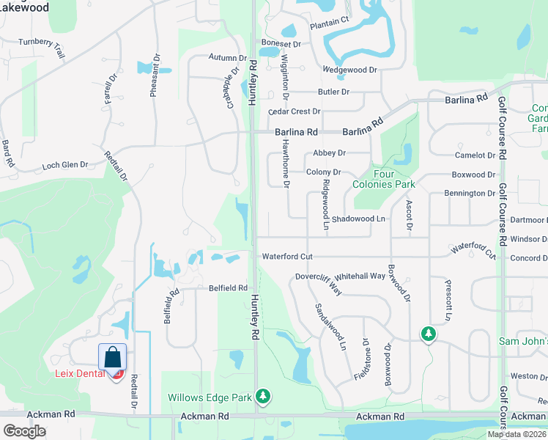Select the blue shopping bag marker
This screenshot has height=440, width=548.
(113, 357)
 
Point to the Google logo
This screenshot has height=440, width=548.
(24, 431)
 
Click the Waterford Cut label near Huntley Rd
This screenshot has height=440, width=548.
(287, 256)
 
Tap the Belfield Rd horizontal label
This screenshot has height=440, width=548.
(228, 288)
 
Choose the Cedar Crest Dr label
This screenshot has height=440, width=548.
(295, 111)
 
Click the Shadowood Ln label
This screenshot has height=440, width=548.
(358, 219)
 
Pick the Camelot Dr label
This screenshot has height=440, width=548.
(475, 155)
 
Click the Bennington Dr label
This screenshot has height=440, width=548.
(470, 193)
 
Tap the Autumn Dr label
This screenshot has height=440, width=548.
(227, 58)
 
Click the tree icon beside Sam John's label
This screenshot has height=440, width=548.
(428, 334)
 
